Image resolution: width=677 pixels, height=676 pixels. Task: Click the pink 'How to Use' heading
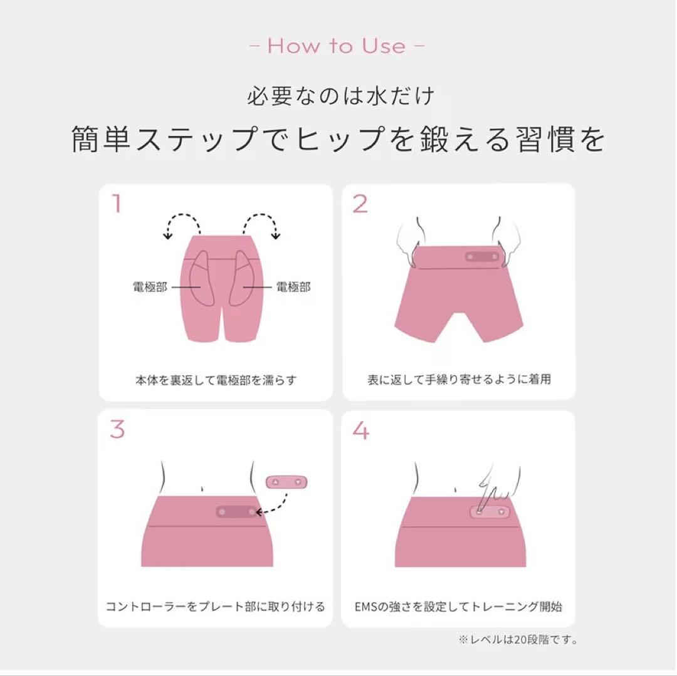click(337, 46)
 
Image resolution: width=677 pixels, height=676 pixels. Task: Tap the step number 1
click(117, 204)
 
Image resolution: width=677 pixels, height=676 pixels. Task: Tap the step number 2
click(360, 204)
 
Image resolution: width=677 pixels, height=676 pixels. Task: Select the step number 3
click(117, 429)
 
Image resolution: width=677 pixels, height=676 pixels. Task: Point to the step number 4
click(361, 429)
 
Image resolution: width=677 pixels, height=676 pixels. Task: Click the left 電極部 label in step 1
click(150, 288)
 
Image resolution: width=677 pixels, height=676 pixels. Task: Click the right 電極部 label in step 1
click(293, 288)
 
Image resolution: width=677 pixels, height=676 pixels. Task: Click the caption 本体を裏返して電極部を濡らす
click(216, 380)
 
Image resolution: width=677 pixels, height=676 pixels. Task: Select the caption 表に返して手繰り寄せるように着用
click(459, 380)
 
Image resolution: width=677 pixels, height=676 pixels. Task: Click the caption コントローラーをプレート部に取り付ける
click(215, 606)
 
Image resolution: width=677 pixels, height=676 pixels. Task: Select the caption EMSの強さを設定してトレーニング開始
click(458, 606)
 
